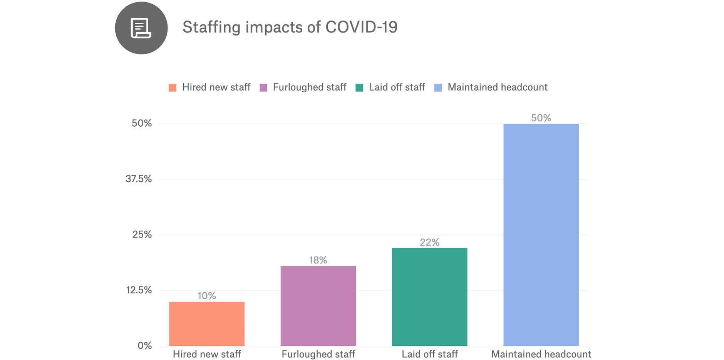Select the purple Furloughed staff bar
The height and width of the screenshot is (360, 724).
(318, 306)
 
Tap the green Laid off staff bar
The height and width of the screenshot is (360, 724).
(429, 297)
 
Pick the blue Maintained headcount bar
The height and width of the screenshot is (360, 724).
(541, 235)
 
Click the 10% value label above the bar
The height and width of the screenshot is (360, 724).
(207, 296)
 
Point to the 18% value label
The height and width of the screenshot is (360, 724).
(318, 260)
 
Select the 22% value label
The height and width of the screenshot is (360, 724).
(429, 242)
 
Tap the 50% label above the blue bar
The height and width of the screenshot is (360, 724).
(541, 118)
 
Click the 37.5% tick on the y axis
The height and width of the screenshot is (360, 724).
(139, 179)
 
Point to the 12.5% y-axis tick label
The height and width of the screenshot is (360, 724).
(139, 290)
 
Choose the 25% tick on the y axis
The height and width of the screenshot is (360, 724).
(142, 234)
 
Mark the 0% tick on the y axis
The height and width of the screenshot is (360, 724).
(145, 345)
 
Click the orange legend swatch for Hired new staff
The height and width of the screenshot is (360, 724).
(173, 88)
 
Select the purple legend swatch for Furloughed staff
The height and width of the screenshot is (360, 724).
(263, 88)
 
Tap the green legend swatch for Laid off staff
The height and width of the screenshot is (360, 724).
(359, 88)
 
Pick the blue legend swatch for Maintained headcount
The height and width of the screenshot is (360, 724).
(438, 88)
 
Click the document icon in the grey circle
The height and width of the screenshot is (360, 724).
(141, 28)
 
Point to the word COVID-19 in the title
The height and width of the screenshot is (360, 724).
(361, 27)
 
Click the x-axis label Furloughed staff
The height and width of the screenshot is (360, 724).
(318, 354)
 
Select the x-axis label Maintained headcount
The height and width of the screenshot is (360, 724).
(541, 354)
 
